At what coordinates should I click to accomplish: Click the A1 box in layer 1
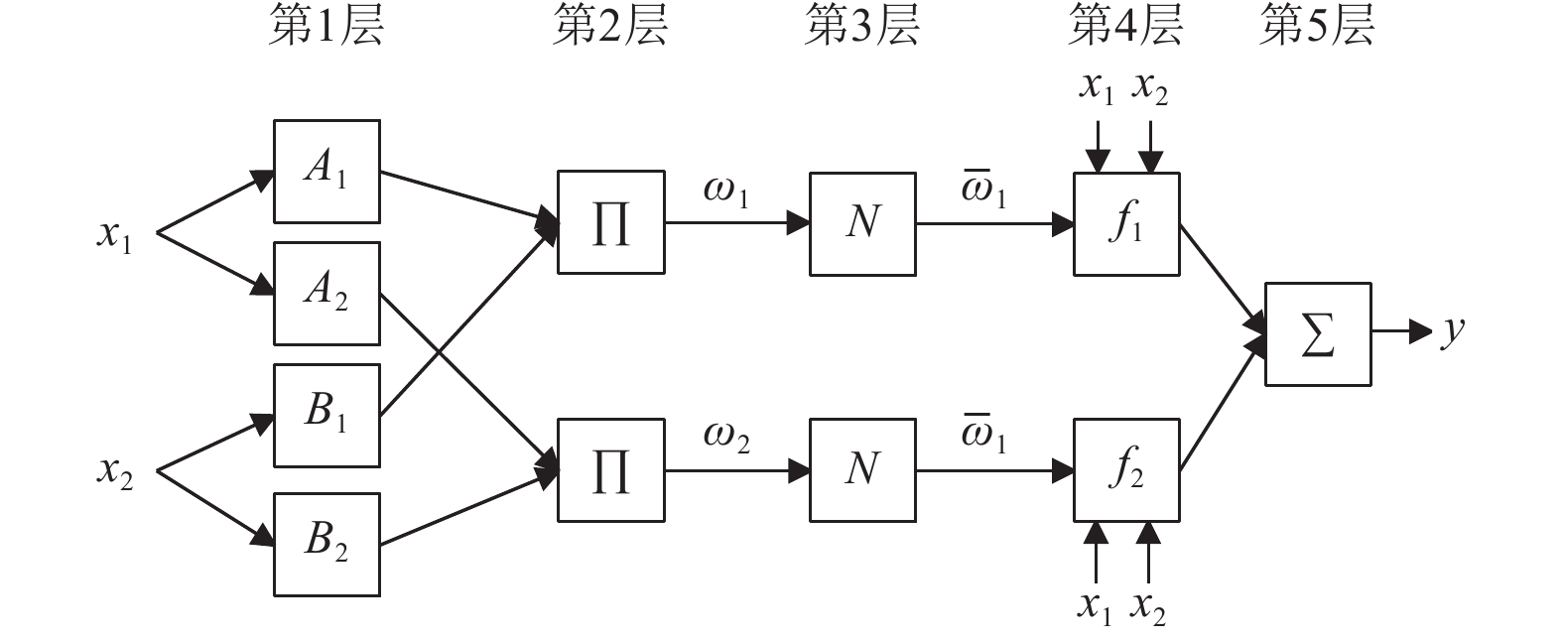pyautogui.click(x=326, y=172)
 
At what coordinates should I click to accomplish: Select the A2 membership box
pyautogui.click(x=326, y=294)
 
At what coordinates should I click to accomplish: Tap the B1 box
pyautogui.click(x=326, y=415)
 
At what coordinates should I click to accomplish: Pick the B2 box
pyautogui.click(x=326, y=544)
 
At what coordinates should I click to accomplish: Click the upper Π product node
pyautogui.click(x=610, y=222)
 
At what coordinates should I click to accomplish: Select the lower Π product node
pyautogui.click(x=610, y=470)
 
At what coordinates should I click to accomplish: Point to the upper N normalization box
pyautogui.click(x=862, y=222)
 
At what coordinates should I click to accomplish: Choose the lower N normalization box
pyautogui.click(x=862, y=470)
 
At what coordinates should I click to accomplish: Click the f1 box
pyautogui.click(x=1126, y=223)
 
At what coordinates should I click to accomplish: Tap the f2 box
pyautogui.click(x=1126, y=470)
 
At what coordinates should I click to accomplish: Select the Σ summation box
pyautogui.click(x=1318, y=334)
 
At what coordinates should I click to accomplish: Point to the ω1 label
pyautogui.click(x=725, y=192)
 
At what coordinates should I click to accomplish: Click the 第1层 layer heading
pyautogui.click(x=326, y=26)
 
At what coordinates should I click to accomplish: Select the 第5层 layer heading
pyautogui.click(x=1317, y=26)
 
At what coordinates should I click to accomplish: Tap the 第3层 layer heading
pyautogui.click(x=861, y=26)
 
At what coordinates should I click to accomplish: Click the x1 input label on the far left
pyautogui.click(x=114, y=237)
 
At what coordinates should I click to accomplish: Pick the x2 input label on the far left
pyautogui.click(x=114, y=473)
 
